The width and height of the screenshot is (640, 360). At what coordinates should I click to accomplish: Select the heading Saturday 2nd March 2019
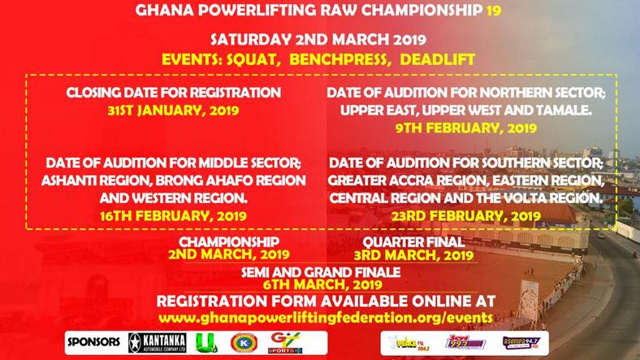point(319,40)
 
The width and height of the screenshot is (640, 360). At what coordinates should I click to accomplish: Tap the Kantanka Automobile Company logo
point(163,340)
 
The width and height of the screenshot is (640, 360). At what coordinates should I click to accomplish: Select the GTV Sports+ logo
point(280,340)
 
